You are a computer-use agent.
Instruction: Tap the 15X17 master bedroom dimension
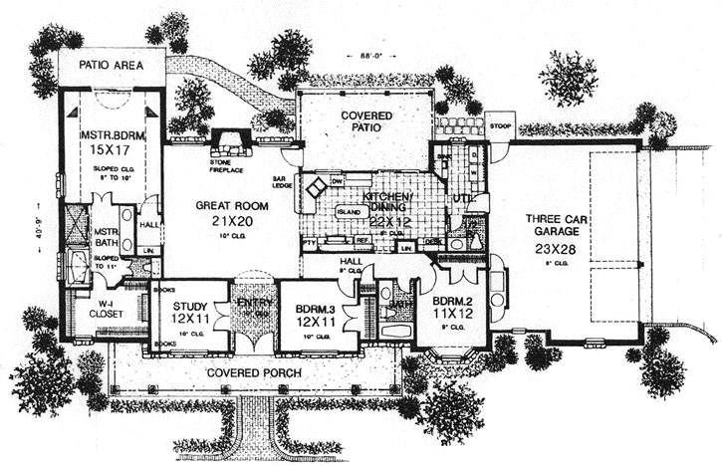[x=110, y=149]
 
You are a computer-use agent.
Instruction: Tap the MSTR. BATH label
[x=107, y=238]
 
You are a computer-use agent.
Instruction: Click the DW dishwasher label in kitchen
[x=337, y=180]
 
